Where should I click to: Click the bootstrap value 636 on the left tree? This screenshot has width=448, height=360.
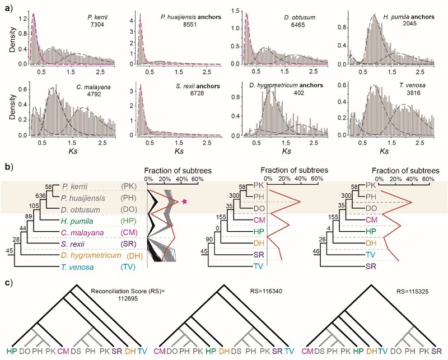(39, 196)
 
